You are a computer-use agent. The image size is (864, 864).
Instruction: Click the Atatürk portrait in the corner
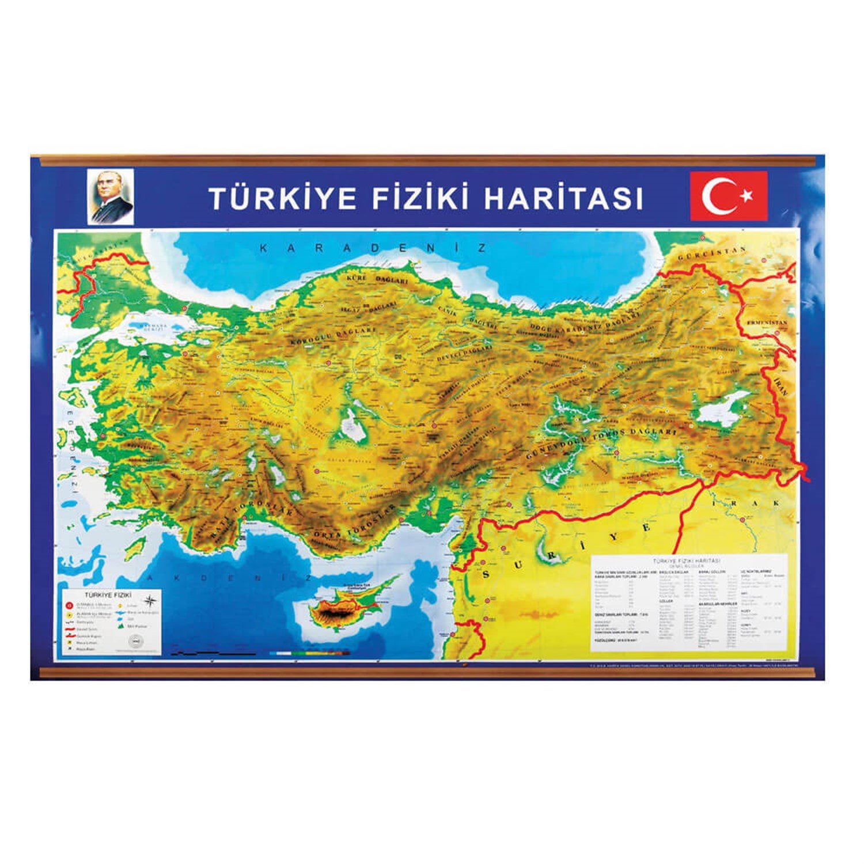click(111, 196)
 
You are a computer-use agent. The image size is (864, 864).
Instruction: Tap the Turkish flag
click(729, 196)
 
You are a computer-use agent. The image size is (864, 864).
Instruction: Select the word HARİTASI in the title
click(563, 198)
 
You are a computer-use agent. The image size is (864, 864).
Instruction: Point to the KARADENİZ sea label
click(373, 248)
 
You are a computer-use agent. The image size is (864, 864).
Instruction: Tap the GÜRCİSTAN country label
click(712, 253)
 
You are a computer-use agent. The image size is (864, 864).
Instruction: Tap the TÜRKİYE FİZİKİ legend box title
click(108, 594)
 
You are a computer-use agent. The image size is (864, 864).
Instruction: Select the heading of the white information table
click(687, 560)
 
